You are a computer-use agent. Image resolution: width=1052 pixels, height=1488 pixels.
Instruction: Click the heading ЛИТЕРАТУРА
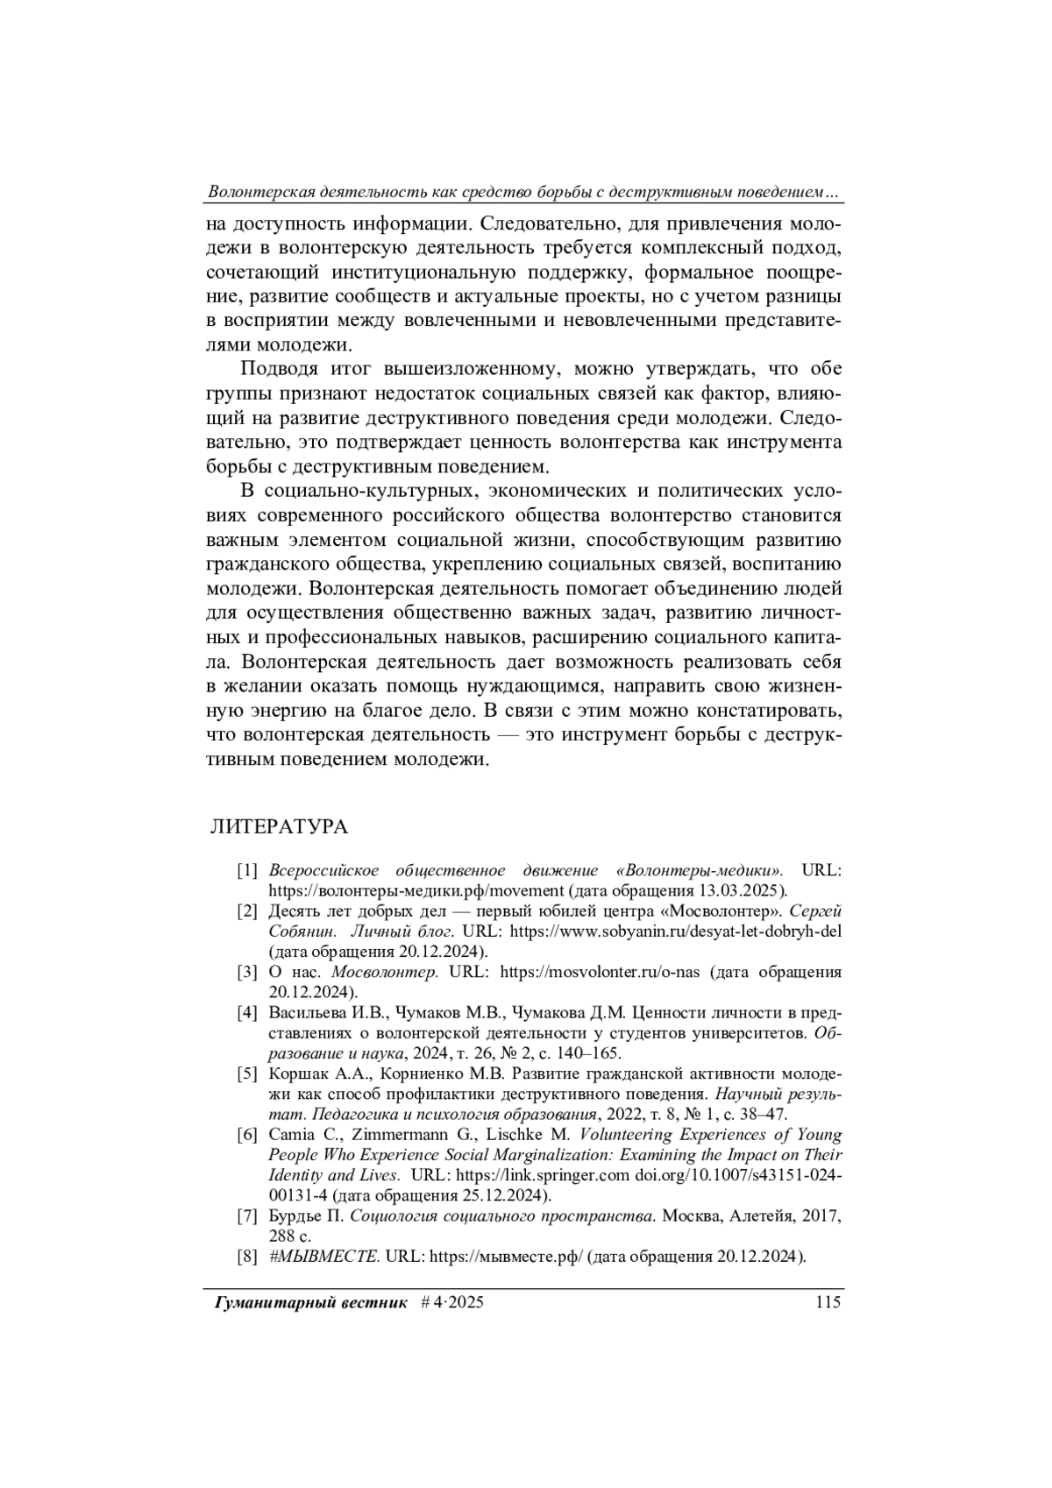(278, 827)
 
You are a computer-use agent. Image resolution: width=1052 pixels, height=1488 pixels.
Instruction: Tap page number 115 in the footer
(827, 1302)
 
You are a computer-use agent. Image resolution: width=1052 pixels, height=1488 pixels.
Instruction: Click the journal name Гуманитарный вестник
(311, 1303)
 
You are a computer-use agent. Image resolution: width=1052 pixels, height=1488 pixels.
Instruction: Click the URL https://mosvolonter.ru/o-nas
(600, 973)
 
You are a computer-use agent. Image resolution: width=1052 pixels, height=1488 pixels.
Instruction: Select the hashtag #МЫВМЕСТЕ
(324, 1257)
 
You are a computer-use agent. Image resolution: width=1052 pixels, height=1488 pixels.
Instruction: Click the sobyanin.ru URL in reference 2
(675, 932)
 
